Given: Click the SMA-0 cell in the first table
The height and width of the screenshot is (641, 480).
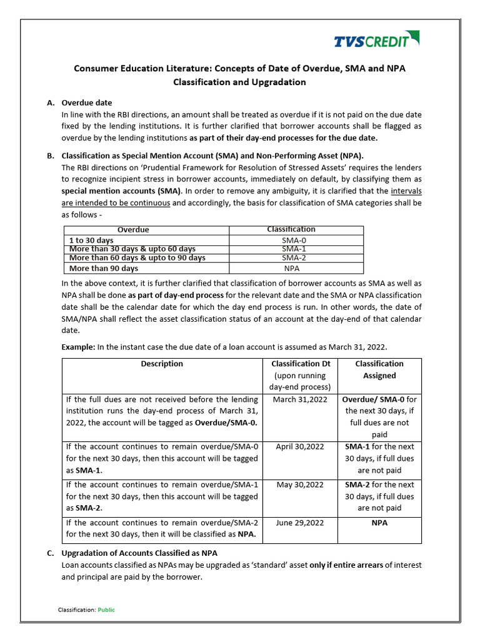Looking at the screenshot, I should [x=294, y=240].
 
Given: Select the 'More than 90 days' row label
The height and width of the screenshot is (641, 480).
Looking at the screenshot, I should [x=103, y=269].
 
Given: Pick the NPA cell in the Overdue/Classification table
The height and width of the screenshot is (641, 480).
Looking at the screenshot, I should [x=292, y=269].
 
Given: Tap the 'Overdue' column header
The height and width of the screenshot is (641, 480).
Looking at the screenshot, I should [x=134, y=230].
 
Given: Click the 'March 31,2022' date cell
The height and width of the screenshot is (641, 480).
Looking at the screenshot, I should [x=301, y=399].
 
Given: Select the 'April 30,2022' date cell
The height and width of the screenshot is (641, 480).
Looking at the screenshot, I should [x=301, y=447].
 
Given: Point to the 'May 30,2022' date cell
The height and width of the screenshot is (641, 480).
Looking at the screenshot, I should [x=301, y=485].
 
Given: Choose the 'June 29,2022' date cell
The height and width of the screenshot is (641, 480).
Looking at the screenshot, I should [x=301, y=523].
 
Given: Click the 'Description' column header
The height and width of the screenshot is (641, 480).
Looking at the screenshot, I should [x=162, y=364].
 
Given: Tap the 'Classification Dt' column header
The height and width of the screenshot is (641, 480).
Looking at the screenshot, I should [x=301, y=364].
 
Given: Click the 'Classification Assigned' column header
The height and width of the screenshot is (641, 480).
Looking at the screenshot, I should [x=379, y=369].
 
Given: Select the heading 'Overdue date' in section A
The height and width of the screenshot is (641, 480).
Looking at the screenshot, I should [x=87, y=103].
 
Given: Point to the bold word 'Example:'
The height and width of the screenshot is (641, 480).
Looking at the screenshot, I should [x=79, y=347].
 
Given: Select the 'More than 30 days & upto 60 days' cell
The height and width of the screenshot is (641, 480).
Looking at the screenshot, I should [x=132, y=249].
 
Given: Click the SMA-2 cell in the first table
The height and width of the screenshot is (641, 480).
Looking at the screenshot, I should [x=294, y=258].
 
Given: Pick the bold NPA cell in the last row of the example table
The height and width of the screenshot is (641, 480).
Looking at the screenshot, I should [x=379, y=523].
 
